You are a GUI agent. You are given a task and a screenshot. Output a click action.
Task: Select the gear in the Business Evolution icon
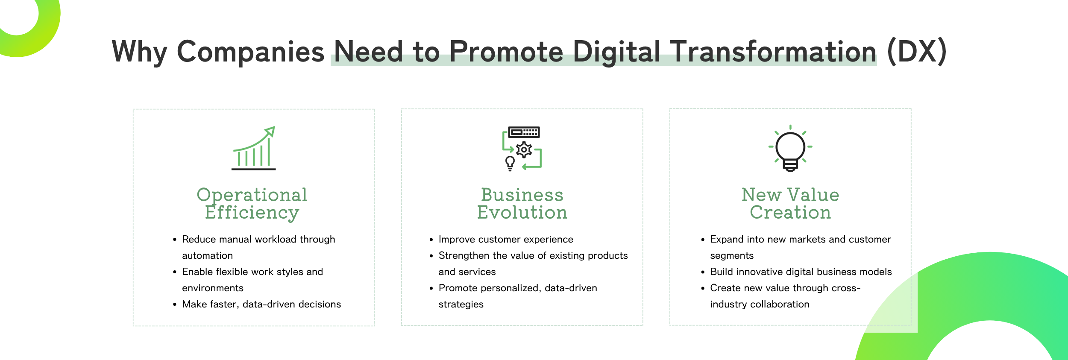[524, 150]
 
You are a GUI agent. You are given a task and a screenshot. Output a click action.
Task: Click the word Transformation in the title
[773, 52]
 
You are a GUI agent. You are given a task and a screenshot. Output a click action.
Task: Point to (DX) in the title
[917, 52]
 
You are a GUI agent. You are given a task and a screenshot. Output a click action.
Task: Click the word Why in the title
[139, 52]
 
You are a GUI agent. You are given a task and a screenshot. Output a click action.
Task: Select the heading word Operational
[252, 195]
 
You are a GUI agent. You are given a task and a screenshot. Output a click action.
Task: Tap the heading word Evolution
[522, 213]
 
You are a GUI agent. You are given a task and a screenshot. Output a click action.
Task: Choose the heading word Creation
[790, 213]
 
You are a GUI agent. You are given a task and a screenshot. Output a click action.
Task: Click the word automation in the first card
[208, 256]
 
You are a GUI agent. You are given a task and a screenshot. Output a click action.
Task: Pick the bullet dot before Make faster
[175, 304]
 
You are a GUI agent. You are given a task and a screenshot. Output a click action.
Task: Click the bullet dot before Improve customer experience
[431, 240]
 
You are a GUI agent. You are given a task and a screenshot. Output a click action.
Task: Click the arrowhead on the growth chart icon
[270, 131]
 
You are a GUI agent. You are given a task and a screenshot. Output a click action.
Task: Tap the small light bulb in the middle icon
[510, 163]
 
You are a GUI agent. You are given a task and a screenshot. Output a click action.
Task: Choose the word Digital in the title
[616, 52]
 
